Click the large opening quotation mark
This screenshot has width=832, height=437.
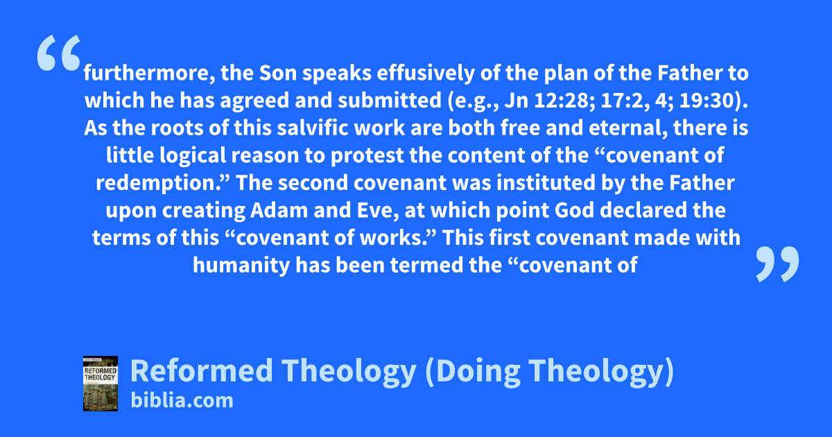59,53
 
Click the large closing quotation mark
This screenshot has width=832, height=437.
777,264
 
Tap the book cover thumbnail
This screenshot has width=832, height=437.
101,384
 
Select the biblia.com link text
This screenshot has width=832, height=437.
182,401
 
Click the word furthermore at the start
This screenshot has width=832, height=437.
149,74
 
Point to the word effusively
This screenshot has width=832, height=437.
426,74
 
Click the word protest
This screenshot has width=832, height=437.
367,155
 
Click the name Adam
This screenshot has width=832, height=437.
279,210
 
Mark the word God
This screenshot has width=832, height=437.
575,210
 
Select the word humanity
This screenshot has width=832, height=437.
241,266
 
